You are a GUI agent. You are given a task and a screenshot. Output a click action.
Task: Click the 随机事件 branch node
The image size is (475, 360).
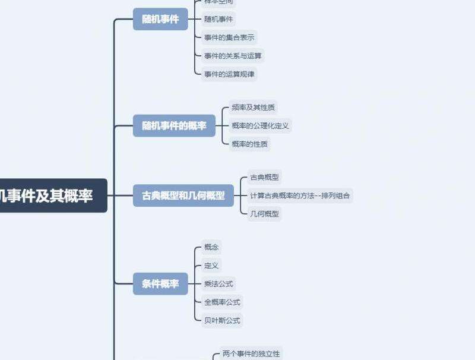coord(160,19)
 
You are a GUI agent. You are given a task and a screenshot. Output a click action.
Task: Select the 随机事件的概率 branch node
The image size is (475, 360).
coord(174,126)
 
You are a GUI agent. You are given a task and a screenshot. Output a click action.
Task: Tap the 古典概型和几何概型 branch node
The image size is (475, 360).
coord(183,195)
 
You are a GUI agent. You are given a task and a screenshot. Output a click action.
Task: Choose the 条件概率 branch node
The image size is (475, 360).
coord(160,283)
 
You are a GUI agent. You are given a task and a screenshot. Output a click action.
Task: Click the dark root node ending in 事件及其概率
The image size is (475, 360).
coord(47,195)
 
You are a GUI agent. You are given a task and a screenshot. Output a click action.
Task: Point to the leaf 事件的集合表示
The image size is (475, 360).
coord(229,37)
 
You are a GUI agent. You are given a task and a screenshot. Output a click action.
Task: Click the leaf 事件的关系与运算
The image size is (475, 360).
coord(233,56)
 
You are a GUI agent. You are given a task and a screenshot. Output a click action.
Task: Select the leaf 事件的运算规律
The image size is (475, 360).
coord(229,74)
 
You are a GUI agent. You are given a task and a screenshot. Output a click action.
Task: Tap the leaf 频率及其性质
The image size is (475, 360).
coord(253,108)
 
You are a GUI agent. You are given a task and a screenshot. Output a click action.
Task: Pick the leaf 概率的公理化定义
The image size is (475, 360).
coord(260,126)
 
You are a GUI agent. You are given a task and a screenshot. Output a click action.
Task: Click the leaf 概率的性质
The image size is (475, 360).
coord(249,144)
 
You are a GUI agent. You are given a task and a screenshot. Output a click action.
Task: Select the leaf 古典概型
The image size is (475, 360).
coord(264,177)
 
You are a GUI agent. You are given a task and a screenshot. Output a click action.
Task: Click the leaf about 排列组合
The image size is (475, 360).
coord(300,195)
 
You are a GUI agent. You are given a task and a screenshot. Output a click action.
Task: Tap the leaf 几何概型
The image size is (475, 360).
coord(264,213)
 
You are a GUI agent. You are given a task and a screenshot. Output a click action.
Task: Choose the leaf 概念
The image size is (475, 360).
coord(211,247)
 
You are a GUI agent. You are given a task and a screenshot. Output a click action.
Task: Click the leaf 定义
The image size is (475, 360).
coord(211,266)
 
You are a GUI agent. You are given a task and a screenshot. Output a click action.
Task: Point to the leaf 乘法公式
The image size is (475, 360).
coord(218,284)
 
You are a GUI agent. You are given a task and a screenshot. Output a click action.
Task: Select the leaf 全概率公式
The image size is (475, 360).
coord(222,302)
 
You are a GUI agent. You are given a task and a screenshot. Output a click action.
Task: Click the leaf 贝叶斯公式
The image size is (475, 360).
coord(222,320)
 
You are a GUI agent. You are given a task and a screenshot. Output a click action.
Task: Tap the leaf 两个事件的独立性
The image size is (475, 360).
coord(251,353)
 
